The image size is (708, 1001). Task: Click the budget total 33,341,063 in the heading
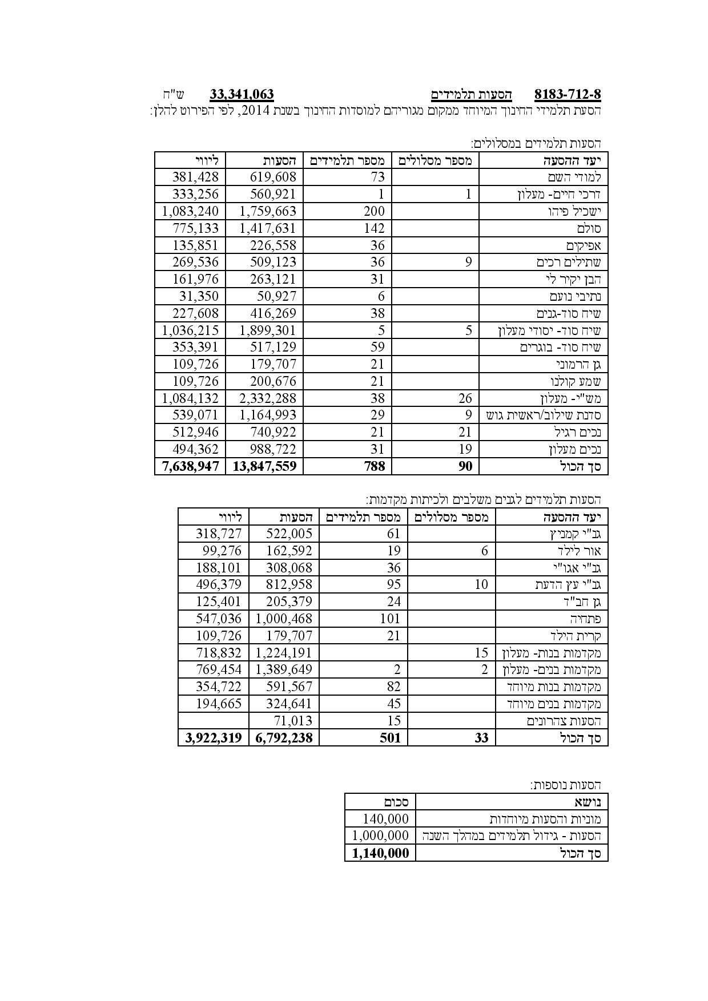[242, 94]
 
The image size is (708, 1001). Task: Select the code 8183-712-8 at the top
[568, 94]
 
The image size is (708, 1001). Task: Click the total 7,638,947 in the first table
[191, 466]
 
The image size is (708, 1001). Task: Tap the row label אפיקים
[583, 245]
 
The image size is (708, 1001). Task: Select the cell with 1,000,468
[284, 618]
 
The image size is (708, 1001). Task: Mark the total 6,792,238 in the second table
[284, 737]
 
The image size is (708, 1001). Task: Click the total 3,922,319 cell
[214, 737]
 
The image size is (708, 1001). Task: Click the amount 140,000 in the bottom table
[386, 819]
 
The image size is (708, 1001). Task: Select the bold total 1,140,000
[381, 853]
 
